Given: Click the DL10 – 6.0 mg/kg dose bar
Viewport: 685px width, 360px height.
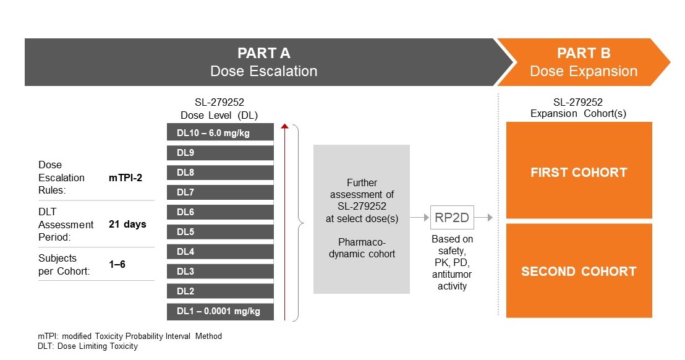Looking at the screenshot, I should [220, 133].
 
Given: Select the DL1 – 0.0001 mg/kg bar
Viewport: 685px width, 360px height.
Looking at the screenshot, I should [220, 311].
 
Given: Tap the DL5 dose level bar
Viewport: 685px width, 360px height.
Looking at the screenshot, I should [220, 232].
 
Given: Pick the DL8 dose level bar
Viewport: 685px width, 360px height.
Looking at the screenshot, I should [220, 173].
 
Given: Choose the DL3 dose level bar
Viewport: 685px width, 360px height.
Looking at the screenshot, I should [220, 272].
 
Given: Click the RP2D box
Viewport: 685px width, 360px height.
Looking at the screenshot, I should [451, 218].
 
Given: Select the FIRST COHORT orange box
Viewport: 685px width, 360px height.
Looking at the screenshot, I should [579, 172].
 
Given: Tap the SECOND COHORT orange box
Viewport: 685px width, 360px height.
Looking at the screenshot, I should [579, 272].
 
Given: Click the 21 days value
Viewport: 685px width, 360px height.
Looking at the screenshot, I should [127, 224].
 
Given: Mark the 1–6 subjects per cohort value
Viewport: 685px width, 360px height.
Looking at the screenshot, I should [118, 264].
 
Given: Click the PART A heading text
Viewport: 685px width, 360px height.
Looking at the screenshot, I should [264, 53].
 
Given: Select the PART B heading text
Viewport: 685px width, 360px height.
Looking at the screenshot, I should [584, 53].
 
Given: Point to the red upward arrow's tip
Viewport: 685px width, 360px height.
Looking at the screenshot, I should [284, 126].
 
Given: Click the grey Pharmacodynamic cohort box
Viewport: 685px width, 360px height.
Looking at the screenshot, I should [362, 219].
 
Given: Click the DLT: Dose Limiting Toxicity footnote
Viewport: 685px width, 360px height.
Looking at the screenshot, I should [88, 346].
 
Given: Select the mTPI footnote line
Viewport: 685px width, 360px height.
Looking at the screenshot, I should [129, 336].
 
